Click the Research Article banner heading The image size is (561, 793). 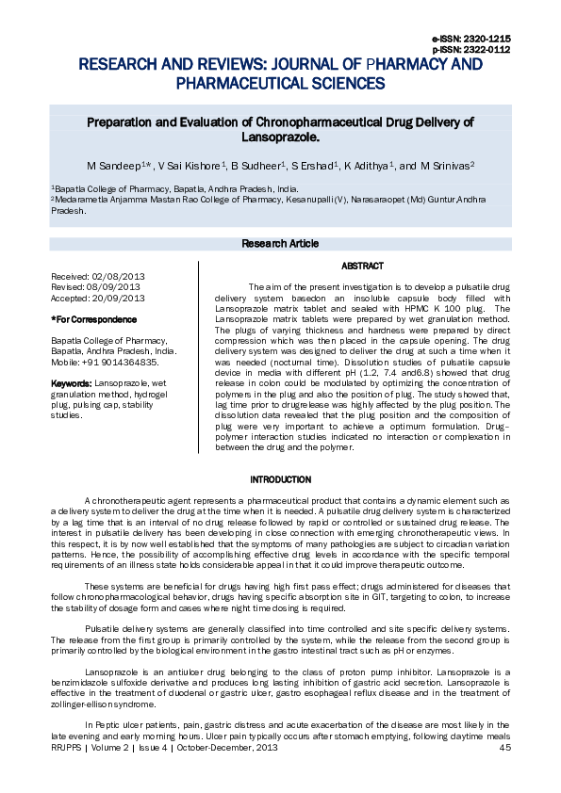(280, 244)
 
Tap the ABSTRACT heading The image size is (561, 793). (362, 267)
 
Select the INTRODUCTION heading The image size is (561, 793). (280, 480)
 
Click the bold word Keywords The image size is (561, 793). (71, 384)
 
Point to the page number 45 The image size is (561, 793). (504, 748)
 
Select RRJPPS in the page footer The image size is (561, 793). (67, 748)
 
